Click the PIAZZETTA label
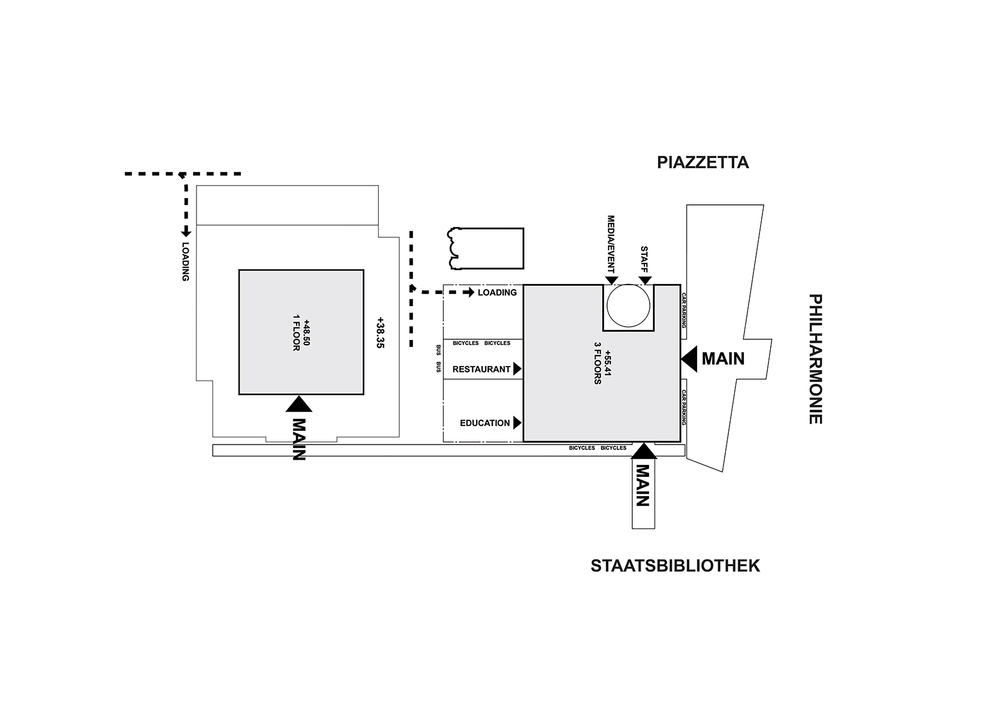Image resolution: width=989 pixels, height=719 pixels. pos(703,163)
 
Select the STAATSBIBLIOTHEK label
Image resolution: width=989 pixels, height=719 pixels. pos(675,566)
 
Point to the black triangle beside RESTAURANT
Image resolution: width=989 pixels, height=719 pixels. pos(517,369)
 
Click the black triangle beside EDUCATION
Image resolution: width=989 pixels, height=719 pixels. pos(517,423)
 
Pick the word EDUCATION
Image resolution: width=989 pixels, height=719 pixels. pos(484,423)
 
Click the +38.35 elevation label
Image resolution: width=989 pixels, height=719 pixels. pos(380,332)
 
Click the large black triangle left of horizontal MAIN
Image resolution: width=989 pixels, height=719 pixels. pos(689,359)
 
